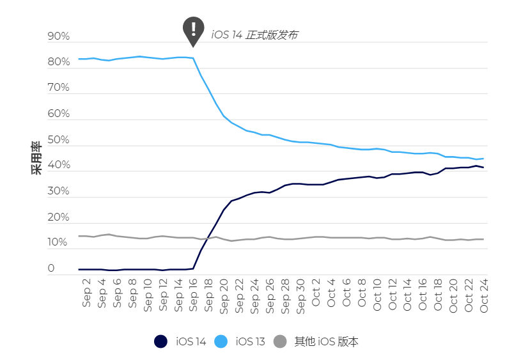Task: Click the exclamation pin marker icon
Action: click(x=193, y=29)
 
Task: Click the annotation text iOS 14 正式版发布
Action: click(x=254, y=35)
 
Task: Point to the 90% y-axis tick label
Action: click(x=59, y=37)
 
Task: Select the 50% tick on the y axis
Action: click(x=59, y=140)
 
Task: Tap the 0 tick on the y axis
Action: click(x=51, y=269)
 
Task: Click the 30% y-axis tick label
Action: click(x=59, y=192)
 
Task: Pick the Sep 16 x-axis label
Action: click(x=194, y=295)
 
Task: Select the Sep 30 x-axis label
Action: click(x=300, y=295)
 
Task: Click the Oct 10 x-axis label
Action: click(x=377, y=295)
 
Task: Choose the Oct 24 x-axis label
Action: click(x=484, y=295)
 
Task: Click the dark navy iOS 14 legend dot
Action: click(x=160, y=341)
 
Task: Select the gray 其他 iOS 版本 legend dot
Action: click(x=280, y=341)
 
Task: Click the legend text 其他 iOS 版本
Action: click(x=326, y=341)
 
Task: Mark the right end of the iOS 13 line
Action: click(x=483, y=159)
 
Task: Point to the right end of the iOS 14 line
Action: click(x=483, y=168)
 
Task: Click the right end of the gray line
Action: click(x=483, y=239)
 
